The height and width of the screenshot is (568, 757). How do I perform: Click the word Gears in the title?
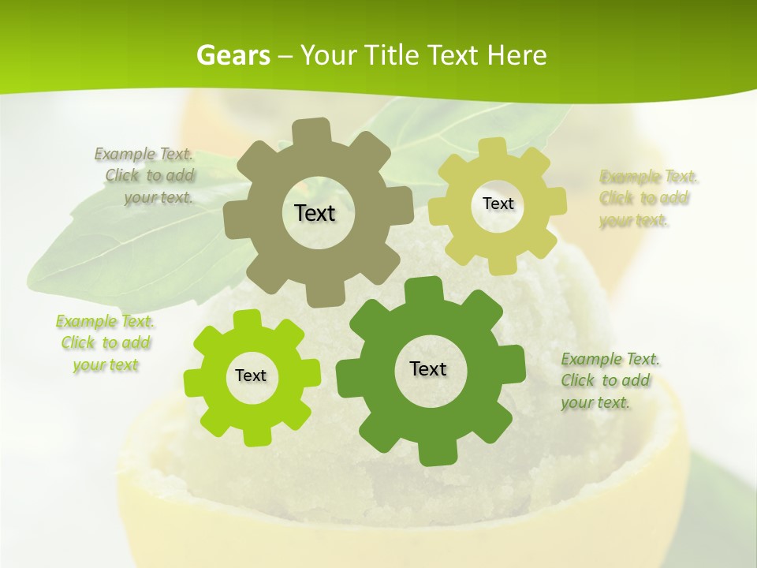233,56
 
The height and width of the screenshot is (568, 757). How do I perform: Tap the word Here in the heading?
516,56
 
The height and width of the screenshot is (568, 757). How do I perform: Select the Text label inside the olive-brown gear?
315,213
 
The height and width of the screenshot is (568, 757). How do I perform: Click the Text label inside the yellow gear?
498,204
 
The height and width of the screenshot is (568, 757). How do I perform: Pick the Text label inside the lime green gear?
251,376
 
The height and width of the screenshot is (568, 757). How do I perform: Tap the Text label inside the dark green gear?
428,369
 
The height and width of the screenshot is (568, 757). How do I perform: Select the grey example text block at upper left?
147,176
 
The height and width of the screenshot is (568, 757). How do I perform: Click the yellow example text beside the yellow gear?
648,198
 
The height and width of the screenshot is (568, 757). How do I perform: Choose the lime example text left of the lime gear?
105,343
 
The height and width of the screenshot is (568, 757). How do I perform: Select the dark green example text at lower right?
610,380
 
